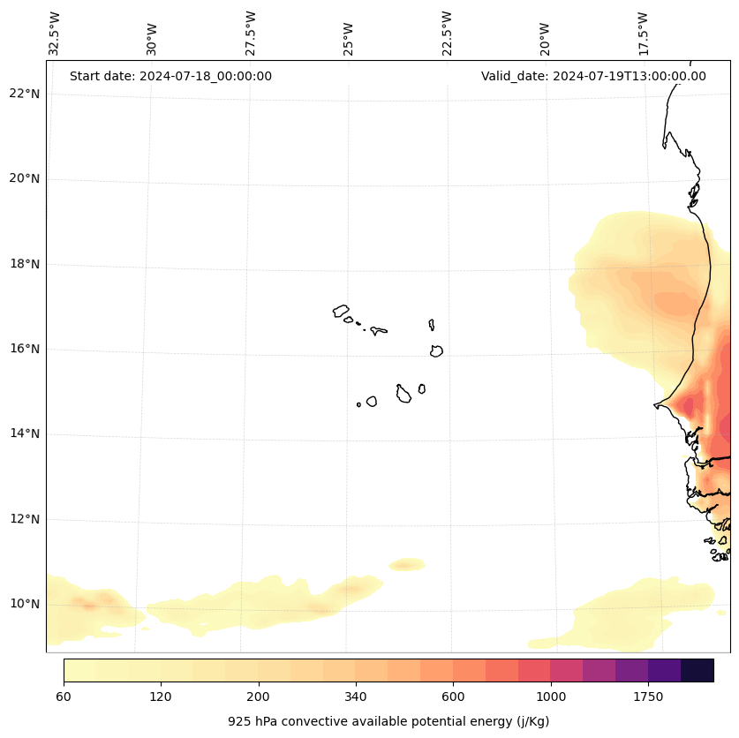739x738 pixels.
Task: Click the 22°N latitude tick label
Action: coord(24,94)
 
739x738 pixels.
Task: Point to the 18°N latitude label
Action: coord(24,264)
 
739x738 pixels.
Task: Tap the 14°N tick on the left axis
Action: coord(24,433)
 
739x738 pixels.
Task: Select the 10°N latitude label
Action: coord(24,604)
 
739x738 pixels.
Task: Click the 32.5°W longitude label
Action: coord(55,34)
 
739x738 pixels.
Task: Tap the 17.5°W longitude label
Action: coord(643,34)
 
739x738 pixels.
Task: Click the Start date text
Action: coord(170,76)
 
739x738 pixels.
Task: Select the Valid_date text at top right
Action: coord(593,76)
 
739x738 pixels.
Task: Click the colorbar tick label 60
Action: coord(64,697)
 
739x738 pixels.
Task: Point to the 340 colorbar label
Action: coord(356,697)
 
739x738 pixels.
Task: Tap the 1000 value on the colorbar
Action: coord(551,697)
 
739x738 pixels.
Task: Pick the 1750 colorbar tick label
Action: coord(648,697)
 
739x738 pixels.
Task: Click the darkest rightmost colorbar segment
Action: coord(698,670)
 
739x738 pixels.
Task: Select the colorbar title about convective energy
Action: coord(388,721)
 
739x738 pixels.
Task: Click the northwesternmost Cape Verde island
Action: coord(341,311)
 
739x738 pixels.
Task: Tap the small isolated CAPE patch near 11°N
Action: coord(407,564)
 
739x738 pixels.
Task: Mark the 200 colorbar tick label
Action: coord(259,697)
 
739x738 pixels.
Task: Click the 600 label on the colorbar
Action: coord(454,697)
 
